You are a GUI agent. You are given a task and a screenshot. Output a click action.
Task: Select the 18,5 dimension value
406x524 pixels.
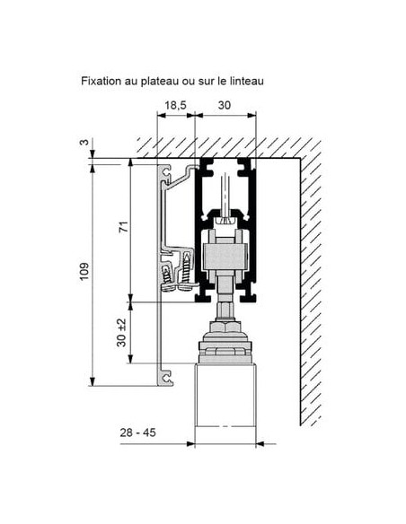pyautogui.click(x=175, y=105)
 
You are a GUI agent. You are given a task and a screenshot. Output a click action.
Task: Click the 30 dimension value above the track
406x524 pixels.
pyautogui.click(x=225, y=105)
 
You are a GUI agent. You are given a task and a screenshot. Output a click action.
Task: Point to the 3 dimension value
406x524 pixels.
pyautogui.click(x=84, y=142)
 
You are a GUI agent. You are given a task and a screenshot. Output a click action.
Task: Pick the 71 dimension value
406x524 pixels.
pyautogui.click(x=124, y=227)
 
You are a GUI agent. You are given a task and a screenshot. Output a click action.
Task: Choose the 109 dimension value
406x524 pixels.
pyautogui.click(x=84, y=271)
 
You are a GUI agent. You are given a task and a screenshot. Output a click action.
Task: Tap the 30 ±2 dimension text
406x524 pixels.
pyautogui.click(x=122, y=333)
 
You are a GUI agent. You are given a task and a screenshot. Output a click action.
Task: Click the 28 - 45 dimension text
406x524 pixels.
pyautogui.click(x=137, y=432)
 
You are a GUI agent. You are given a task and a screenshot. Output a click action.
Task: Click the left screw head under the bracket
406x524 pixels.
pyautogui.click(x=169, y=287)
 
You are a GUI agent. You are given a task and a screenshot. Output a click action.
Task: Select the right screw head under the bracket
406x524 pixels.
pyautogui.click(x=187, y=287)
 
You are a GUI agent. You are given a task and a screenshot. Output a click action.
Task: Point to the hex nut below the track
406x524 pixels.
pyautogui.click(x=225, y=327)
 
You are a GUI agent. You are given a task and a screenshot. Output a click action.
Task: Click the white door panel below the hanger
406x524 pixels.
pyautogui.click(x=225, y=395)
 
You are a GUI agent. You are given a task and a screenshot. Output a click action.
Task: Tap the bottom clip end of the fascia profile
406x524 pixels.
pyautogui.click(x=167, y=378)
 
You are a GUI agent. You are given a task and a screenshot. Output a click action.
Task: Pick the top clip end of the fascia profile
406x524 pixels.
pyautogui.click(x=166, y=171)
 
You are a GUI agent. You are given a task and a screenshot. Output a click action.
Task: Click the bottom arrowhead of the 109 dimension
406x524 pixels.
pyautogui.click(x=93, y=381)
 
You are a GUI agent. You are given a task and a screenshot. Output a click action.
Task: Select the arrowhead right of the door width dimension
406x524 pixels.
pyautogui.click(x=260, y=444)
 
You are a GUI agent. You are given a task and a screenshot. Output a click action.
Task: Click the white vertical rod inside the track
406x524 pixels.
pyautogui.click(x=225, y=195)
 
